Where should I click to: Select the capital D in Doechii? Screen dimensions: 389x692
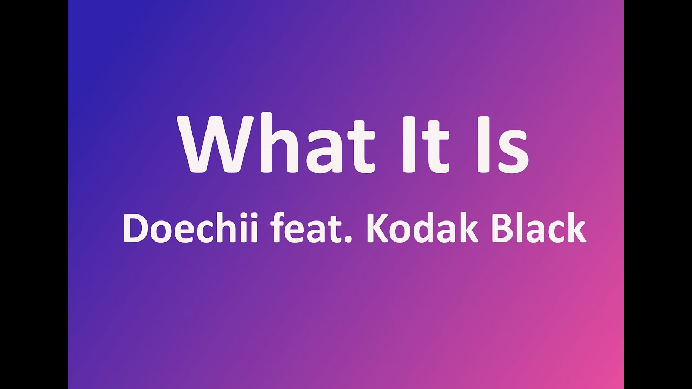coord(136,229)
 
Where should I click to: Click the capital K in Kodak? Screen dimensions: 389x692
coord(377,229)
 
